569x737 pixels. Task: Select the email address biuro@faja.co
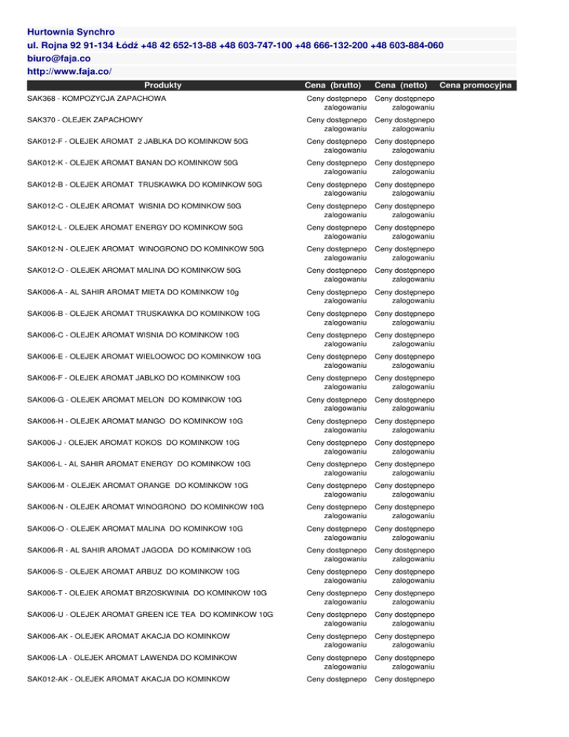pos(58,58)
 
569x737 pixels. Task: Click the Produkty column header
pos(164,85)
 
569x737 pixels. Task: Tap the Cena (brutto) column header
pos(335,85)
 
